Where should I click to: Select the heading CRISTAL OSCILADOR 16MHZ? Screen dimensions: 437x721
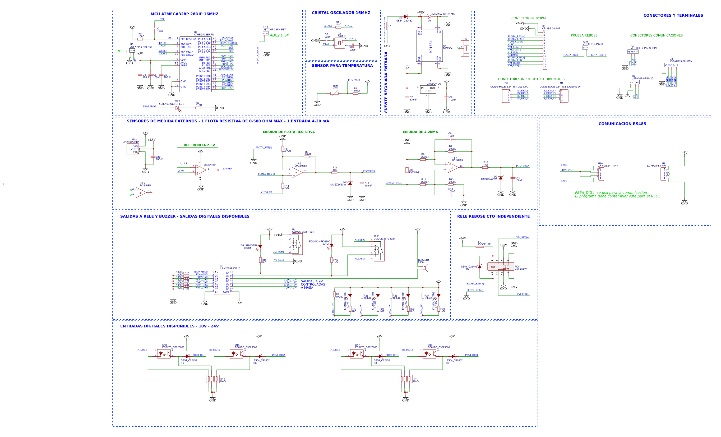(x=341, y=13)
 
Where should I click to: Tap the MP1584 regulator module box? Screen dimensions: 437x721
(x=429, y=46)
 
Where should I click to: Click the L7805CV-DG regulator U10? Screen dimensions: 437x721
(x=428, y=89)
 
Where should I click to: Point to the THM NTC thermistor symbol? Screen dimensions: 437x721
(x=334, y=93)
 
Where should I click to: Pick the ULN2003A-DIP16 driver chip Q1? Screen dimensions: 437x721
(x=222, y=282)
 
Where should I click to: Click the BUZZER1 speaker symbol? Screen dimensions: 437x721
(x=426, y=268)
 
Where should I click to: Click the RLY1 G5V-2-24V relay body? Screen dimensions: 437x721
(x=500, y=267)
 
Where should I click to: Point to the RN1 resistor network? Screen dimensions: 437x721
(x=405, y=379)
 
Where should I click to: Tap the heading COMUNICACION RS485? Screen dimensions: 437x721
(x=622, y=124)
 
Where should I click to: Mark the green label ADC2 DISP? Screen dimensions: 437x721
(x=279, y=35)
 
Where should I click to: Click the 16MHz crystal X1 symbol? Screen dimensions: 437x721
(x=339, y=43)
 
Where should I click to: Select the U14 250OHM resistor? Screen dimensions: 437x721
(x=407, y=170)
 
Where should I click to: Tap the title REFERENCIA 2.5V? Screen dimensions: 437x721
(x=199, y=145)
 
